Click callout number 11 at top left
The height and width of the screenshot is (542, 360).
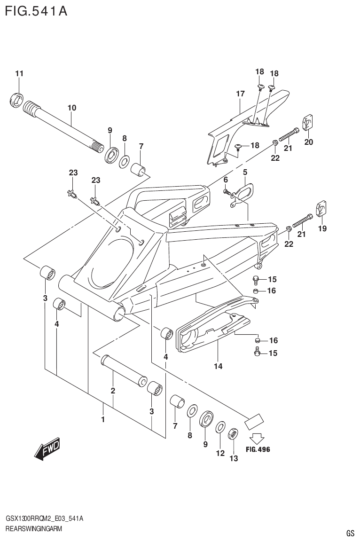(19, 73)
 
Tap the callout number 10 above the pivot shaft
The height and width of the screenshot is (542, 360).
(71, 108)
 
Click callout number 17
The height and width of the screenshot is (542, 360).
(240, 94)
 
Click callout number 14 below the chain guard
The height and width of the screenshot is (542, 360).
(218, 365)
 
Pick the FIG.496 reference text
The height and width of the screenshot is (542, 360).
(258, 449)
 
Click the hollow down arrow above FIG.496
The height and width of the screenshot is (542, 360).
(256, 438)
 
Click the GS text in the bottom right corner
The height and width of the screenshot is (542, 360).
(350, 533)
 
